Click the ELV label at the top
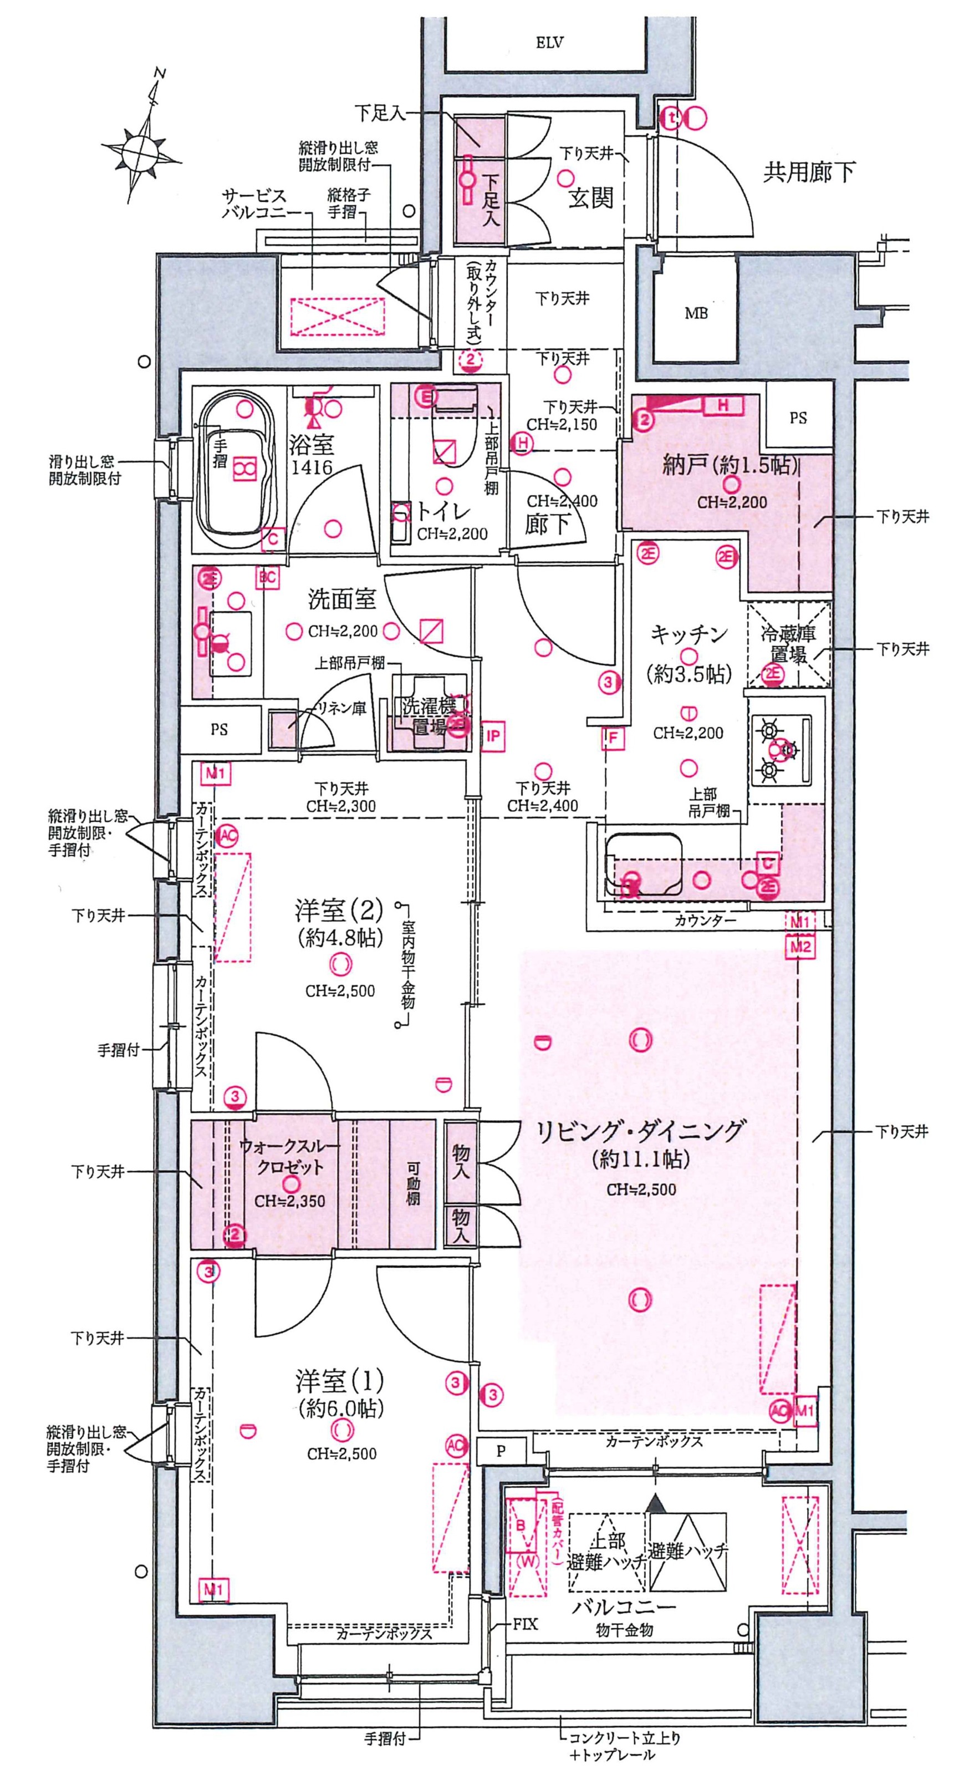click(549, 43)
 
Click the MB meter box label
click(696, 313)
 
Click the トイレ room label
click(442, 512)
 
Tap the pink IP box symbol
click(492, 736)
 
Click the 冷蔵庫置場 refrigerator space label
click(788, 644)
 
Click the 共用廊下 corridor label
click(808, 172)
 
